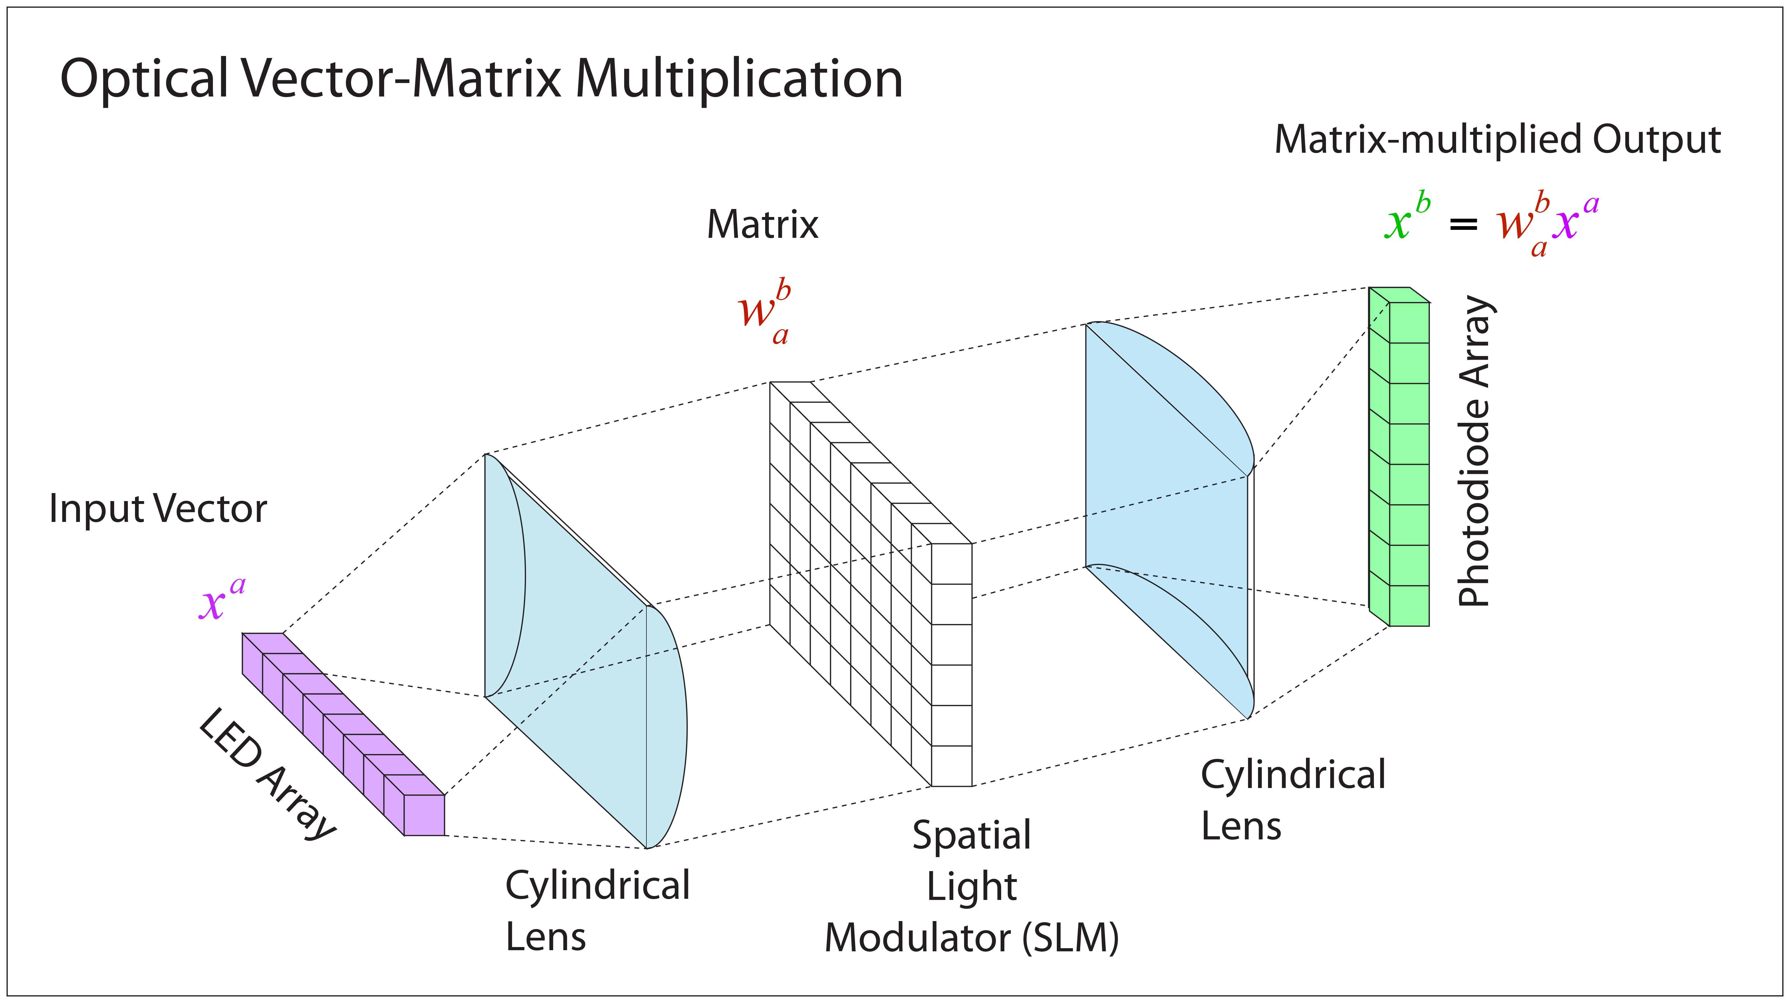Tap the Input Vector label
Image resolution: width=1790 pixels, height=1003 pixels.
pyautogui.click(x=158, y=509)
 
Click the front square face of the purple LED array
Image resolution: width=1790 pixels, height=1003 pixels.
pyautogui.click(x=424, y=815)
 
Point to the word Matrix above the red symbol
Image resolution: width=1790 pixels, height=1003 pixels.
pyautogui.click(x=762, y=224)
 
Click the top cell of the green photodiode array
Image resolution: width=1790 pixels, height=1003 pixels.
pyautogui.click(x=1408, y=323)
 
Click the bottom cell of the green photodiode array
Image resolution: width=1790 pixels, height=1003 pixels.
pyautogui.click(x=1408, y=605)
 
